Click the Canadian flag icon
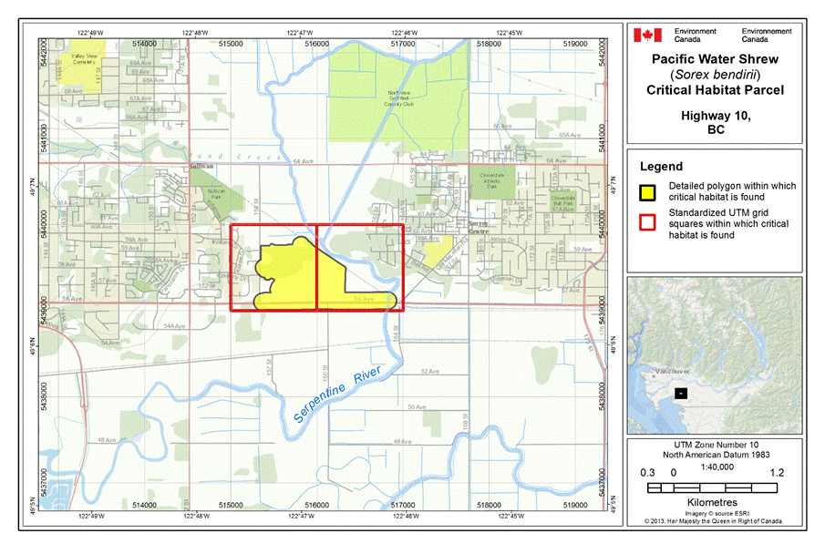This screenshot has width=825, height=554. [x=647, y=35]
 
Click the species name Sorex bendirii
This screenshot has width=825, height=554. [x=715, y=75]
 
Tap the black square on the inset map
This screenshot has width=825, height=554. [x=680, y=393]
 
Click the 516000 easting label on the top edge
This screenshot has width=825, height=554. [x=316, y=42]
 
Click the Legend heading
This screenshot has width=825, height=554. [x=661, y=167]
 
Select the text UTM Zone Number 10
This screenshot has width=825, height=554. [x=715, y=443]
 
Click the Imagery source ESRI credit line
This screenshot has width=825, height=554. [x=715, y=513]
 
